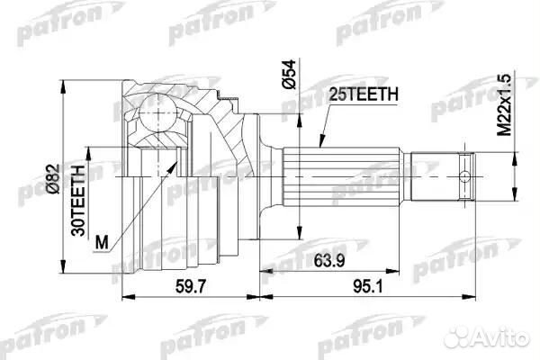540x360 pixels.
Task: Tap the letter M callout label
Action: [x=101, y=241]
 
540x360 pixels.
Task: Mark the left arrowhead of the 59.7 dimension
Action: [x=123, y=298]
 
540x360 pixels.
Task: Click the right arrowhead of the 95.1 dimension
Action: [x=476, y=298]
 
